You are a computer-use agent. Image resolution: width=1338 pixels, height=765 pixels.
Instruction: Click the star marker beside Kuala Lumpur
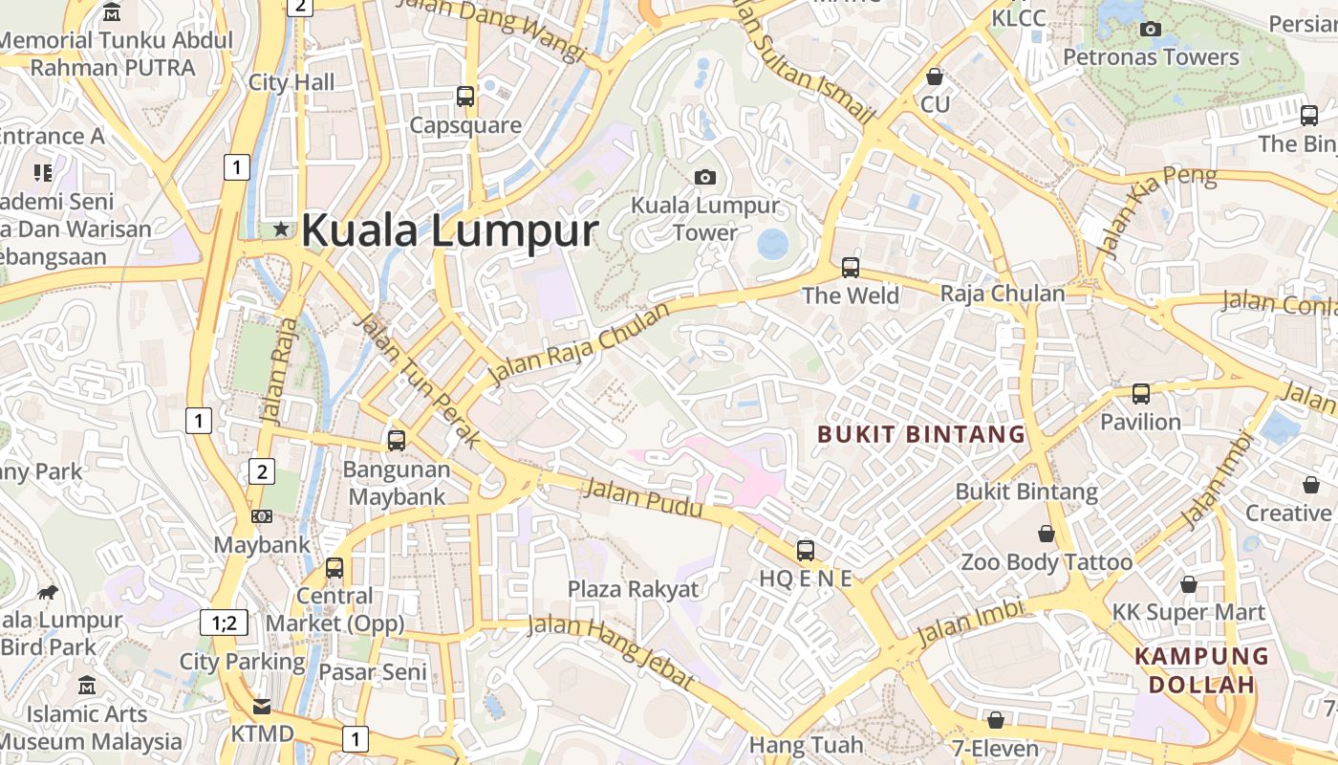pyautogui.click(x=281, y=229)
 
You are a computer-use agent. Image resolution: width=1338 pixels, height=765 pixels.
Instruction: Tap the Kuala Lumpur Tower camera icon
pyautogui.click(x=705, y=177)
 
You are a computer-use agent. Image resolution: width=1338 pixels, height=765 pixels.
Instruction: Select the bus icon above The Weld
pyautogui.click(x=850, y=267)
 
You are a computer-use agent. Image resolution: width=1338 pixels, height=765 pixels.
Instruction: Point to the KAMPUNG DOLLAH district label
pyautogui.click(x=1201, y=670)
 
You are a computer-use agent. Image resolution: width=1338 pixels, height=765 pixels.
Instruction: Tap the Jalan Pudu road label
pyautogui.click(x=643, y=499)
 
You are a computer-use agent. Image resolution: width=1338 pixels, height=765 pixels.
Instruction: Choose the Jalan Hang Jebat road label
pyautogui.click(x=611, y=651)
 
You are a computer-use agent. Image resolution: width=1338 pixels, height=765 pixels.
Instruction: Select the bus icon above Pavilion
pyautogui.click(x=1140, y=393)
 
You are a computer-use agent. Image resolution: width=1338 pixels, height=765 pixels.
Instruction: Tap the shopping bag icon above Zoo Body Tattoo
pyautogui.click(x=1047, y=534)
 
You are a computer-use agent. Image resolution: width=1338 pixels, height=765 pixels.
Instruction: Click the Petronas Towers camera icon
pyautogui.click(x=1151, y=29)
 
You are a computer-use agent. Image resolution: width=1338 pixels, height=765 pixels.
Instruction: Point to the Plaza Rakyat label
pyautogui.click(x=634, y=589)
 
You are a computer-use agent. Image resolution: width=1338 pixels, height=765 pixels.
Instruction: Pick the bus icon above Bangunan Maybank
pyautogui.click(x=396, y=441)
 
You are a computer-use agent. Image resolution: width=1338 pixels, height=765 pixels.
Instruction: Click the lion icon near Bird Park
pyautogui.click(x=48, y=592)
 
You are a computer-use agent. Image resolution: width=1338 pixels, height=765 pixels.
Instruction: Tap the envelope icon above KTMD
pyautogui.click(x=261, y=707)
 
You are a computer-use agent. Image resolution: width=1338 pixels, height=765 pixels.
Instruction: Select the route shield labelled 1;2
pyautogui.click(x=224, y=623)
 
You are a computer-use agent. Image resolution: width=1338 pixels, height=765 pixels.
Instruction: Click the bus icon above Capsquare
pyautogui.click(x=465, y=96)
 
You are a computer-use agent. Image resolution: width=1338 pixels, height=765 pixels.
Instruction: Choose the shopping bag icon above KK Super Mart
pyautogui.click(x=1189, y=583)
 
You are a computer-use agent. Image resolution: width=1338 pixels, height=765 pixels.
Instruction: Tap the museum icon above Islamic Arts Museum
pyautogui.click(x=87, y=686)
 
